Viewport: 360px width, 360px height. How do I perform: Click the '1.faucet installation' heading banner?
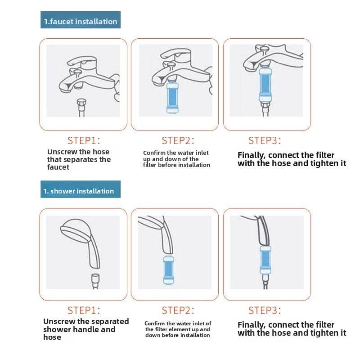[81, 20]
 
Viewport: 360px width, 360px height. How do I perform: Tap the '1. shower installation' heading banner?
[81, 189]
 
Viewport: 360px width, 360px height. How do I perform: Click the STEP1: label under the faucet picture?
[84, 140]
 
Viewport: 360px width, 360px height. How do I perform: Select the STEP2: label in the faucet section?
[178, 140]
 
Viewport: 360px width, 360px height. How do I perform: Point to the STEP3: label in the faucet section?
[265, 140]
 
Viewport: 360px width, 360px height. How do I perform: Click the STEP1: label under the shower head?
[84, 310]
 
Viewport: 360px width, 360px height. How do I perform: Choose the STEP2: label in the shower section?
[178, 310]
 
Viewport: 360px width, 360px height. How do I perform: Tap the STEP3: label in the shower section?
[265, 310]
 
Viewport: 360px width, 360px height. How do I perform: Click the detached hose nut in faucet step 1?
[81, 104]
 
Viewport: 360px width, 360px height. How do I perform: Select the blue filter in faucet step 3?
[265, 85]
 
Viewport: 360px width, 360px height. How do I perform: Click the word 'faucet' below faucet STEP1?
[58, 167]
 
